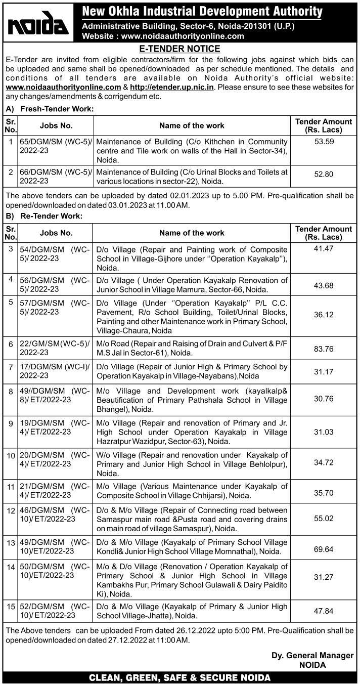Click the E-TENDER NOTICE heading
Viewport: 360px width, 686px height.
point(179,49)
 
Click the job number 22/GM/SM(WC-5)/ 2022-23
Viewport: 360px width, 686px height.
point(55,347)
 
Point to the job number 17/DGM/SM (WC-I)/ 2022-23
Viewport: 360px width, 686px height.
point(55,371)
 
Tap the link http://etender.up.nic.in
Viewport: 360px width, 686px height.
point(172,87)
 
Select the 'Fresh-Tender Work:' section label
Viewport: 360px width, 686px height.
point(57,109)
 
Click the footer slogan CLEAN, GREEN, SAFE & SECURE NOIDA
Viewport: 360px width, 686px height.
point(179,677)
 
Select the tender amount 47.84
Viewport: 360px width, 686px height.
point(324,611)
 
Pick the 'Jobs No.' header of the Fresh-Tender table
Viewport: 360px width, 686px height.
point(56,125)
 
